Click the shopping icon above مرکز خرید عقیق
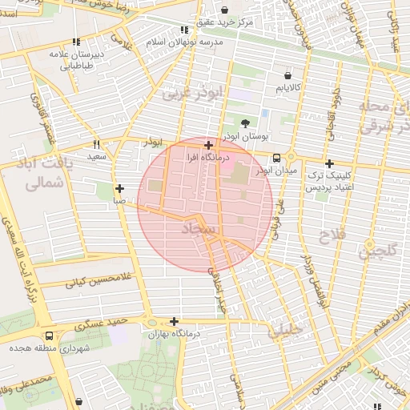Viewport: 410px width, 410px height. point(223,10)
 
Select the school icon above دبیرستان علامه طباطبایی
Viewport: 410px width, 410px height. point(76,42)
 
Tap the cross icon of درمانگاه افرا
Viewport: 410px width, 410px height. point(209,146)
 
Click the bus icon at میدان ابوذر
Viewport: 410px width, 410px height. point(276,157)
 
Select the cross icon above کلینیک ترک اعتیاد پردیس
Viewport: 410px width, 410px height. point(329,163)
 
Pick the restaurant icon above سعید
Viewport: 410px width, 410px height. point(97,144)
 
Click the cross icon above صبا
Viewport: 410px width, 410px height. point(119,190)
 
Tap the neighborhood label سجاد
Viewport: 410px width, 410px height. point(198,230)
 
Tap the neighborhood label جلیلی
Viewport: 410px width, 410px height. point(285,328)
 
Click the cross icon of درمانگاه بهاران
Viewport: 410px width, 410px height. point(174,321)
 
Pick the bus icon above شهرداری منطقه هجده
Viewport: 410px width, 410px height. point(50,336)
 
